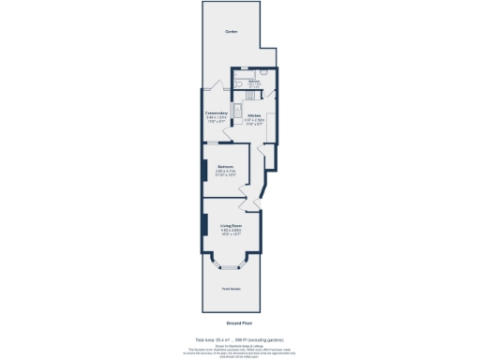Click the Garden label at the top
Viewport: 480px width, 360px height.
tap(231, 33)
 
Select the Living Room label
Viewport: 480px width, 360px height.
tap(232, 226)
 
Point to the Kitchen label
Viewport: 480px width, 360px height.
tap(254, 116)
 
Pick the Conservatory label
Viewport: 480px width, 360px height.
tap(217, 113)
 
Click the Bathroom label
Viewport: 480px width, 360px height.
tap(253, 82)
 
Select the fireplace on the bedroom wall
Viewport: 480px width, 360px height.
tap(204, 172)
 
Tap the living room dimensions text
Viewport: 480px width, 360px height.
tap(232, 233)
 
